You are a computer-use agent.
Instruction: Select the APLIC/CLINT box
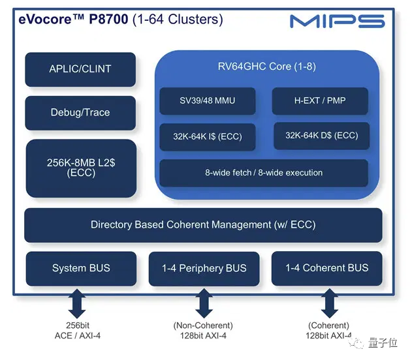pos(80,69)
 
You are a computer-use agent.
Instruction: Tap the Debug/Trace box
pos(80,113)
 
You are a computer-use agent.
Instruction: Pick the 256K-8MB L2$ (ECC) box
pos(80,168)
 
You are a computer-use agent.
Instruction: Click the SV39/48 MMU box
pos(207,101)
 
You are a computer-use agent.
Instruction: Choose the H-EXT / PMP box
pos(320,101)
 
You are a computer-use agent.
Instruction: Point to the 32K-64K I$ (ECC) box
pos(207,137)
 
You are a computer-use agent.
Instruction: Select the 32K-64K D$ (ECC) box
pos(321,136)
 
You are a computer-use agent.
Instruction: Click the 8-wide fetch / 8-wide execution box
pos(264,173)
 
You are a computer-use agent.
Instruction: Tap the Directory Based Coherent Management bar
pos(203,225)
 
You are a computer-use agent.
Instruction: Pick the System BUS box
pos(81,268)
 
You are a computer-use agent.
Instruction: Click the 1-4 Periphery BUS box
pos(204,269)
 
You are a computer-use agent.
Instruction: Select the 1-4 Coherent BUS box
pos(326,268)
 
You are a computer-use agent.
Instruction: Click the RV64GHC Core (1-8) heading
pos(266,67)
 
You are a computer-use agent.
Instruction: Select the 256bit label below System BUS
pos(76,325)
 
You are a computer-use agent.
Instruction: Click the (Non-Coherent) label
pos(203,325)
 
